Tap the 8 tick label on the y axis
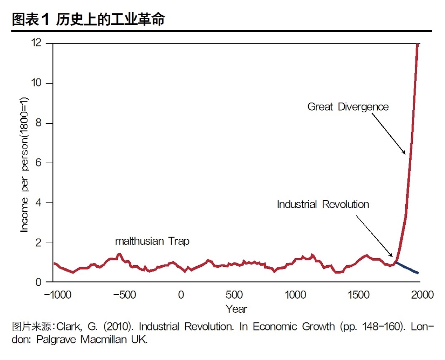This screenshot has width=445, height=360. click(39, 123)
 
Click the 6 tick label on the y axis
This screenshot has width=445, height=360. click(39, 163)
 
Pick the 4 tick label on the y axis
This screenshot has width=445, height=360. click(39, 203)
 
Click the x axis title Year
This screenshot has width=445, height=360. click(236, 309)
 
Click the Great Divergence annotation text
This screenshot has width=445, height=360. click(348, 107)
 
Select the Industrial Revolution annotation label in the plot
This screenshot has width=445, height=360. click(323, 205)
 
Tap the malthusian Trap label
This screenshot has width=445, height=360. click(152, 241)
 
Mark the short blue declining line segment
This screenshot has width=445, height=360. click(407, 268)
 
